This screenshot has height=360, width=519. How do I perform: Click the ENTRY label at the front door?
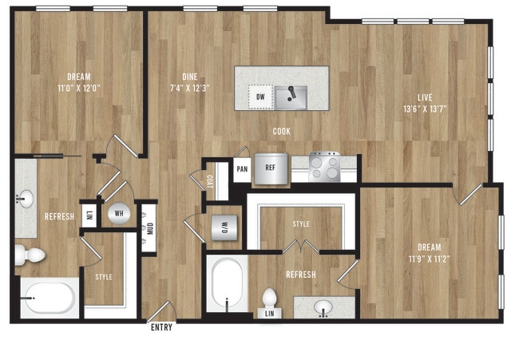pos(160,326)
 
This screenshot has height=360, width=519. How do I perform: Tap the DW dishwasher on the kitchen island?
pos(260,97)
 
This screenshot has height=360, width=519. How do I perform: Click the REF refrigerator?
pos(271,169)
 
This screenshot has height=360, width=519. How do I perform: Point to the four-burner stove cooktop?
pos(324,166)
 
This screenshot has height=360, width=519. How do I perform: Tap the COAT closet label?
pos(210,181)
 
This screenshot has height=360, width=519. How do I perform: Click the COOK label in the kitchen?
pos(281,132)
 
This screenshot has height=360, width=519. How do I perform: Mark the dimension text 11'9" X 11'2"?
pos(429,259)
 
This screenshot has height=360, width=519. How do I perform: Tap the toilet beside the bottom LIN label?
pos(270,299)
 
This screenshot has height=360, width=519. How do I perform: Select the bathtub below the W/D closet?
pos(228,284)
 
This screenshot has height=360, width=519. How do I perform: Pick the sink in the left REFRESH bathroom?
pos(24,198)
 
